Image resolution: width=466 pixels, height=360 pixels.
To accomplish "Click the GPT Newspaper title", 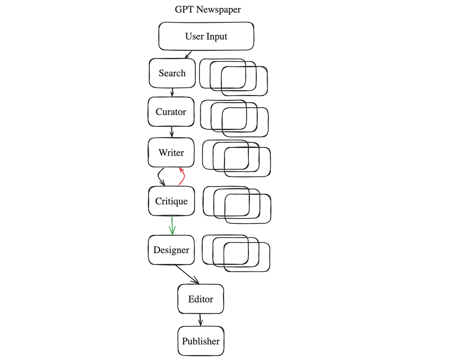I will [x=208, y=9].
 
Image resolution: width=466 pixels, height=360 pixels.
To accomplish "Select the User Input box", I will [x=206, y=36].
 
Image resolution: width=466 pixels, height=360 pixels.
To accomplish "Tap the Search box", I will [x=172, y=73].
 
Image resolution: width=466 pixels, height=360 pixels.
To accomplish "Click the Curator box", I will [x=171, y=112].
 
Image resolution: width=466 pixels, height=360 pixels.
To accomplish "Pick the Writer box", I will [x=171, y=152].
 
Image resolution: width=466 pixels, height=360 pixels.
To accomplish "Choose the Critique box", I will [x=171, y=201].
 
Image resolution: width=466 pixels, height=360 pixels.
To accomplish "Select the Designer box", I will [x=171, y=250].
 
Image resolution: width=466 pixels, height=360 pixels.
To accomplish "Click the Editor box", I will [x=200, y=299].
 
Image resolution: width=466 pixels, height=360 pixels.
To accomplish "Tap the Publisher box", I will [x=200, y=341].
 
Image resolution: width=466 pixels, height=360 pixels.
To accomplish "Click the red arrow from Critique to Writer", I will [x=182, y=177].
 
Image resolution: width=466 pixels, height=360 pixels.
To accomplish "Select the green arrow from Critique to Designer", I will [x=172, y=226].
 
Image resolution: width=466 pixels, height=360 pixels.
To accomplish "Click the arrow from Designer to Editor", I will [x=187, y=274].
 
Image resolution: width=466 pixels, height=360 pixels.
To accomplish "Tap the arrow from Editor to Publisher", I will [x=200, y=320].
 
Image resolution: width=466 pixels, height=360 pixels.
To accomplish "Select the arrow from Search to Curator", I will [x=172, y=92].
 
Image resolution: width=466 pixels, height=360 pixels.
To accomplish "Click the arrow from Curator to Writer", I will [x=171, y=132].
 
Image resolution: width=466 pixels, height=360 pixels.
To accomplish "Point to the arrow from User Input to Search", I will [x=189, y=55].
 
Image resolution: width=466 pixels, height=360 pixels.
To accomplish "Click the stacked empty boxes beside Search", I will [x=233, y=77].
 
